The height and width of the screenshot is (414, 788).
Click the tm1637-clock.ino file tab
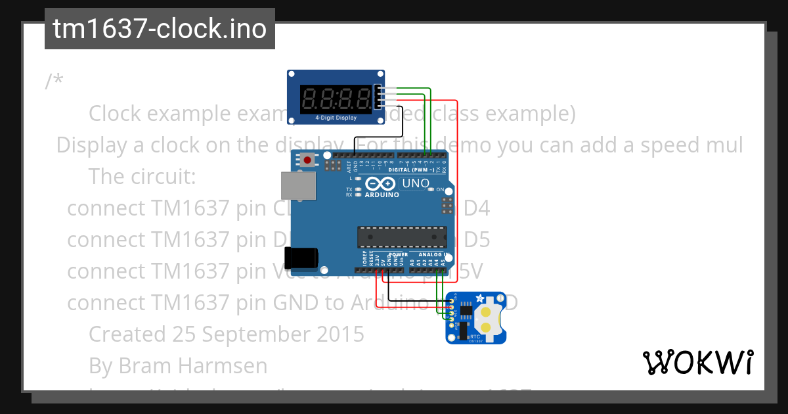click(160, 29)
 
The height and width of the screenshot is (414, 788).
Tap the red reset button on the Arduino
click(307, 159)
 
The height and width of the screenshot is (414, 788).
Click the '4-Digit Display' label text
click(336, 118)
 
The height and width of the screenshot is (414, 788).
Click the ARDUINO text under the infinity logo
click(381, 195)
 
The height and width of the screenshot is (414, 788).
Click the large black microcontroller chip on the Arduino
click(402, 237)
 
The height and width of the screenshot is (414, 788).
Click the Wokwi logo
click(697, 363)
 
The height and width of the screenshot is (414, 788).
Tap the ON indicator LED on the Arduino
click(430, 189)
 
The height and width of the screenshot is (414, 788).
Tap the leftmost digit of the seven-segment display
click(310, 99)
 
